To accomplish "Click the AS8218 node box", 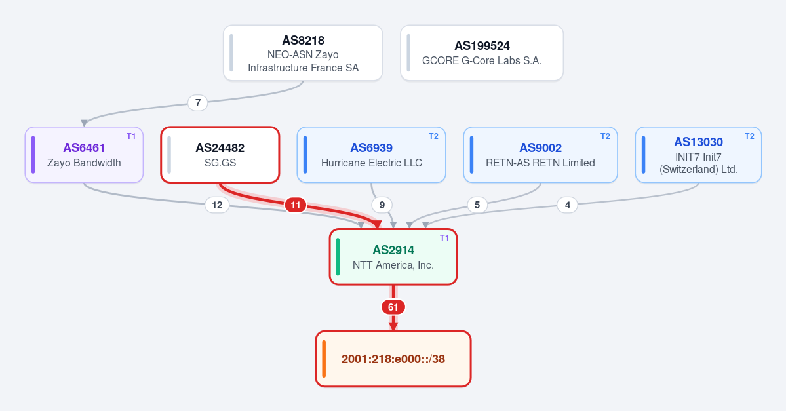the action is tap(303, 52).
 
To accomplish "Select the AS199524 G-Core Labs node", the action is tap(482, 52).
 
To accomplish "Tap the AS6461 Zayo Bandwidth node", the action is tap(84, 155).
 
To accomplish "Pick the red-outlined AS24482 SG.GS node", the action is tap(220, 155).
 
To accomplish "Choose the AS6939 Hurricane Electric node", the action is tap(372, 155).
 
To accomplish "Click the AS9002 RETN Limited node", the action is tap(540, 155).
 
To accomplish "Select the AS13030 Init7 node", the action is tap(698, 155).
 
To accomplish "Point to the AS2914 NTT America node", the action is tap(393, 257).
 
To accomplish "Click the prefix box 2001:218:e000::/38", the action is tap(393, 359).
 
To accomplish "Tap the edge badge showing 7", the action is tap(198, 103).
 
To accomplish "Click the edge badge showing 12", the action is tap(217, 205).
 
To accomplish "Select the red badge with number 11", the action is tap(296, 205).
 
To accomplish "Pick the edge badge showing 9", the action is tap(382, 205).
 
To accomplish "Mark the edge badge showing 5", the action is tap(477, 205).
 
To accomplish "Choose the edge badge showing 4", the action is tap(568, 205).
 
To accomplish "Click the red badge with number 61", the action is tap(393, 307).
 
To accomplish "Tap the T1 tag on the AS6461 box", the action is tap(131, 136).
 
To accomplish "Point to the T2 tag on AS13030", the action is tap(749, 136).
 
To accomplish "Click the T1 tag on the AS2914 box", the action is tap(444, 238).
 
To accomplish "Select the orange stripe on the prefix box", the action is tap(324, 359).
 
